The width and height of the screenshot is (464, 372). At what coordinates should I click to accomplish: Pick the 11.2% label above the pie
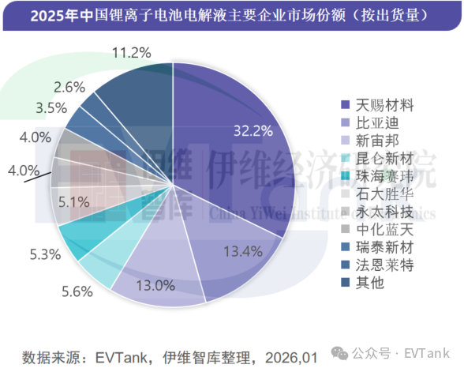tap(131, 53)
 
